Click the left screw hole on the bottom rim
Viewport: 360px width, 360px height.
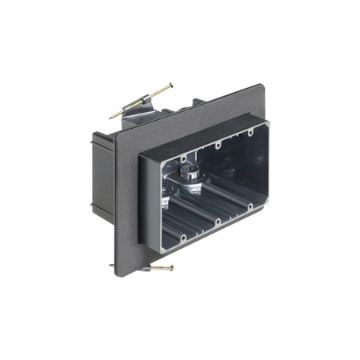tap(184, 236)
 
